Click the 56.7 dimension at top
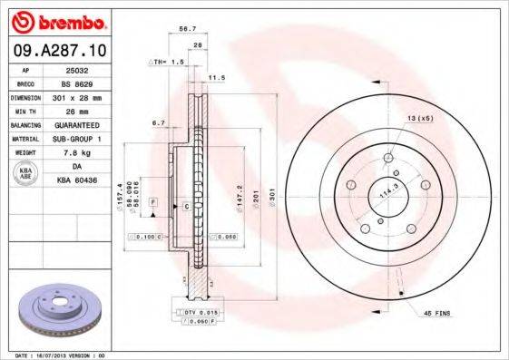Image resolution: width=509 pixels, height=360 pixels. [x=188, y=29]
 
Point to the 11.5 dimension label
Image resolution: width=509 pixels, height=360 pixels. [x=218, y=78]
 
